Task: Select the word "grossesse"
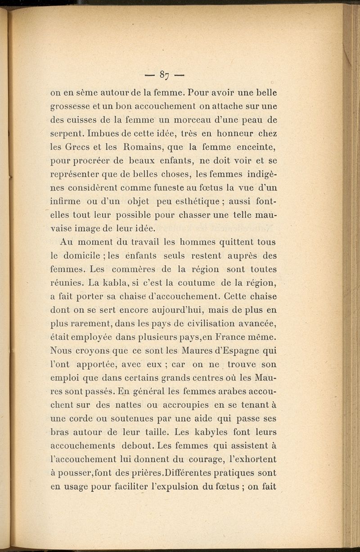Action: click(x=72, y=107)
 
